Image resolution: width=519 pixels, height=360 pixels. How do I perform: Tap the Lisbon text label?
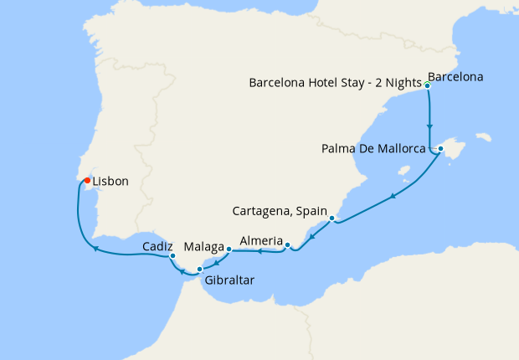110,182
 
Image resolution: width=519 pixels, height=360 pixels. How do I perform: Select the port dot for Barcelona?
428,85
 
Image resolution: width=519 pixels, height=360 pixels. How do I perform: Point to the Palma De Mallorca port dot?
440,149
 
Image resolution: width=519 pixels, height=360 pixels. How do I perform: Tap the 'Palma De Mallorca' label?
374,149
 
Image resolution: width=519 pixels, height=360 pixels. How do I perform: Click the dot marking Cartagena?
332,219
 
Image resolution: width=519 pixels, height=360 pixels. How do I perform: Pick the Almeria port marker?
287,245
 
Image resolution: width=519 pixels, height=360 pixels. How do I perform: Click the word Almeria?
260,241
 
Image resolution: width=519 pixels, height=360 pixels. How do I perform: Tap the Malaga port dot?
229,249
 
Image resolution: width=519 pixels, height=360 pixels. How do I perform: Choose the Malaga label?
203,248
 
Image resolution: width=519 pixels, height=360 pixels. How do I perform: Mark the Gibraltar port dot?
199,269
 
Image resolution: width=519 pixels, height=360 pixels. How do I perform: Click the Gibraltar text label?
229,280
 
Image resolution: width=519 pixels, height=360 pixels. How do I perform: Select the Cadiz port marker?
172,255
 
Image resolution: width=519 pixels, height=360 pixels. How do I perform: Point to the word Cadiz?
158,246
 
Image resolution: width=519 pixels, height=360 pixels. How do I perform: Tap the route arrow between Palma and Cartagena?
393,197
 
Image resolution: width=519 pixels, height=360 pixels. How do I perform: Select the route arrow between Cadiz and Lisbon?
95,248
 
